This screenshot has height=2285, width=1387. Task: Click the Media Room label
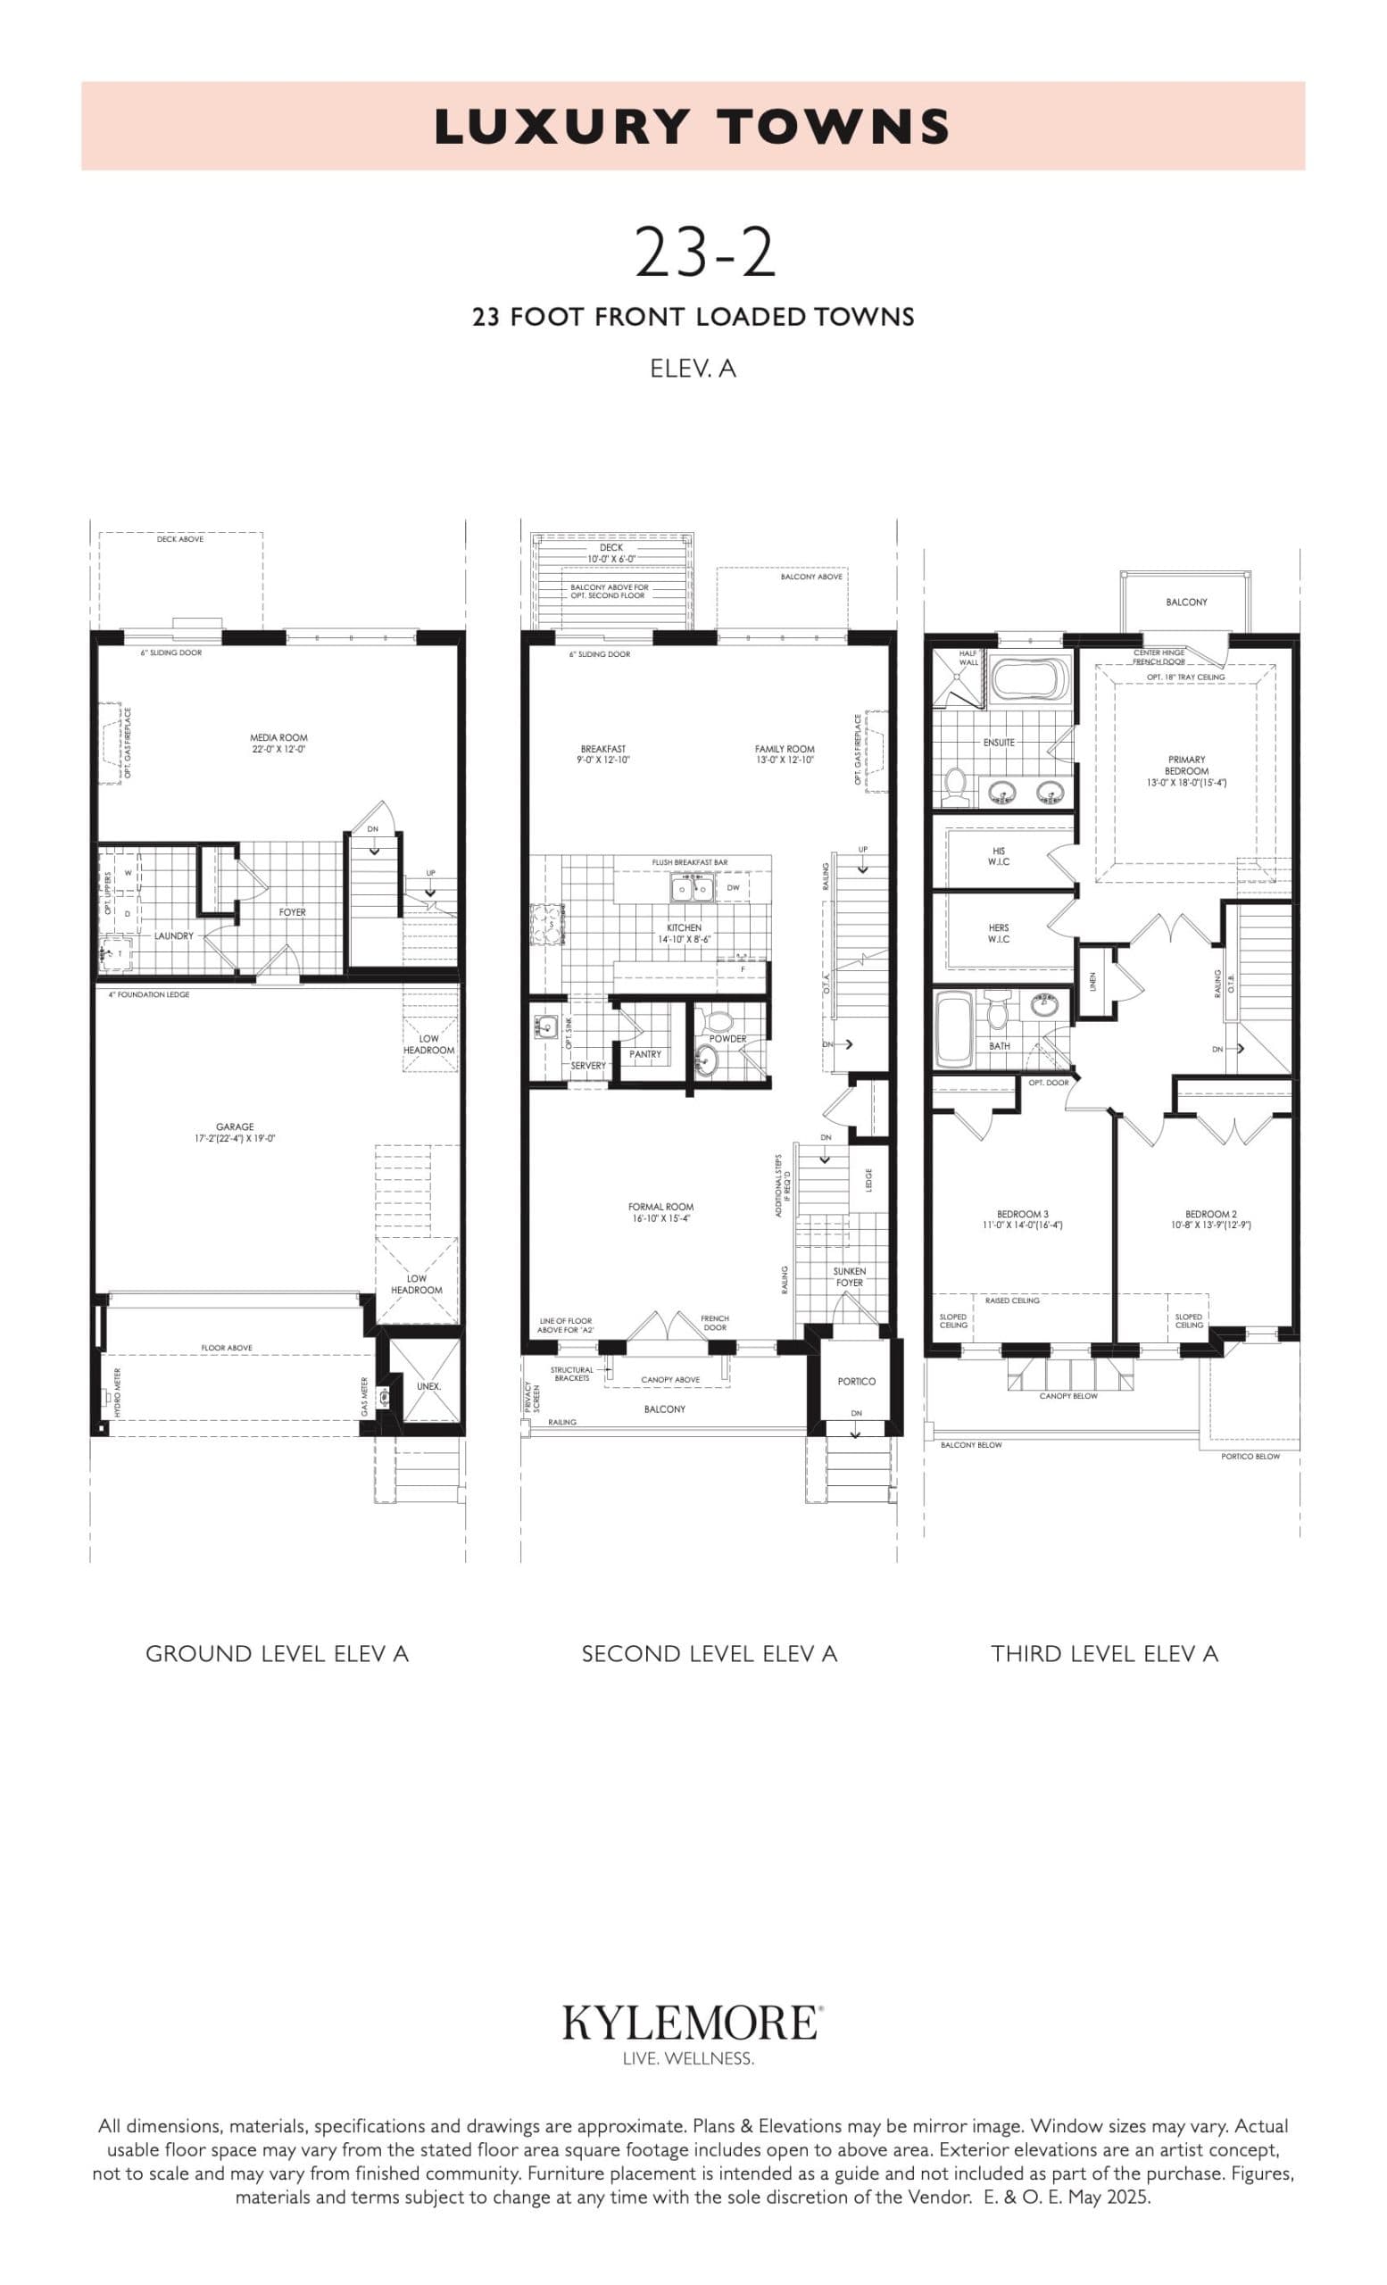click(278, 743)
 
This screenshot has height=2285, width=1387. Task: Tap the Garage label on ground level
click(235, 1133)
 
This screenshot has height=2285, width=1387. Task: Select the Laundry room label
click(173, 935)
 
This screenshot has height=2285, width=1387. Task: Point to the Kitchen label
click(685, 933)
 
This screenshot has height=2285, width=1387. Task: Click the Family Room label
click(785, 754)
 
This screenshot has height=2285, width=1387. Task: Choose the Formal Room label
click(660, 1212)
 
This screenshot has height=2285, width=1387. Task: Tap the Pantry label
click(645, 1054)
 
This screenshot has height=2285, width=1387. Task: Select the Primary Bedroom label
click(1187, 770)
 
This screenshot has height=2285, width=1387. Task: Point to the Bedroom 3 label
click(1023, 1218)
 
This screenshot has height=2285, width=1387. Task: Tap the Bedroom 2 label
click(1211, 1218)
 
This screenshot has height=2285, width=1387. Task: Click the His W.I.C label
click(999, 856)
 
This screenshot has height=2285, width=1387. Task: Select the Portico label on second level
click(856, 1381)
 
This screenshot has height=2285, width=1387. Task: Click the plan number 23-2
click(704, 253)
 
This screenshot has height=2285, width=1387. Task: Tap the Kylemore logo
click(692, 2023)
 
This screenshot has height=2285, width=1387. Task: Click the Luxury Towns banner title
click(693, 127)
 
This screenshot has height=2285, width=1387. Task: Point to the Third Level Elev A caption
click(1104, 1653)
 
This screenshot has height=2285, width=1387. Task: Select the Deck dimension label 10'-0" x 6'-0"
click(611, 559)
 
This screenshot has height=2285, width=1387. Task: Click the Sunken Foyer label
click(850, 1277)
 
